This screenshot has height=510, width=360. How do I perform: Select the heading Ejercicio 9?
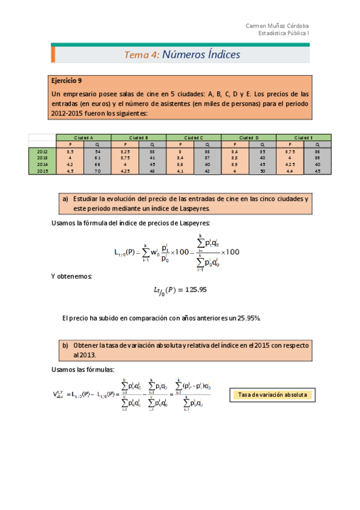click(67, 80)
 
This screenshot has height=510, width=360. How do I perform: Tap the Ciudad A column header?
click(84, 138)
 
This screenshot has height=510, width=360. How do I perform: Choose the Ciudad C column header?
click(194, 138)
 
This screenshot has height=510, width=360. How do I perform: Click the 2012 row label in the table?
click(42, 152)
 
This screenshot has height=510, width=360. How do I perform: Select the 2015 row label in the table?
click(42, 171)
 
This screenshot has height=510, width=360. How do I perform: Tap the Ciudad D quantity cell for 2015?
click(262, 171)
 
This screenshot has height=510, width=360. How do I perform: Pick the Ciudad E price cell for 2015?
click(290, 171)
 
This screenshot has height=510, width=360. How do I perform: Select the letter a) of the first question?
click(66, 198)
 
